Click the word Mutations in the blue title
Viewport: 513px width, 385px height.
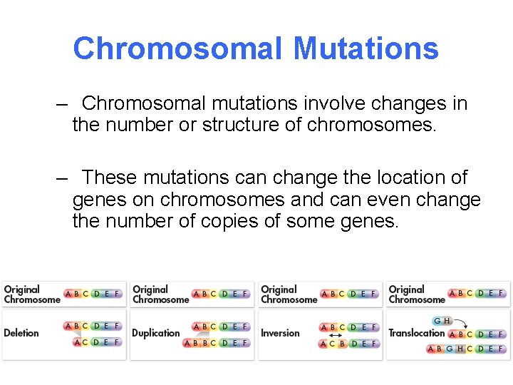click(x=366, y=48)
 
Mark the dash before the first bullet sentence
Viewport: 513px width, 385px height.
click(x=62, y=104)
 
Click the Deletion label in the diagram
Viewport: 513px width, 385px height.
click(x=21, y=333)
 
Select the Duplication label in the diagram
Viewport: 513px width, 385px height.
click(x=156, y=333)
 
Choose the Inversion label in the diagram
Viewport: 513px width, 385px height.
click(x=280, y=333)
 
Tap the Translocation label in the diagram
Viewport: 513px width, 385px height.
click(x=416, y=333)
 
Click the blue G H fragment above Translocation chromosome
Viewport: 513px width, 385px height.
click(x=442, y=321)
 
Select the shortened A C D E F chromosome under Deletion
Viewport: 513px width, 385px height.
click(x=97, y=342)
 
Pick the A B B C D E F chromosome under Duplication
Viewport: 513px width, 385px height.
click(x=217, y=343)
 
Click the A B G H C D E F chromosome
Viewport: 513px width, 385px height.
click(x=467, y=349)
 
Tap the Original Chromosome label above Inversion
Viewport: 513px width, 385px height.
click(x=289, y=294)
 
